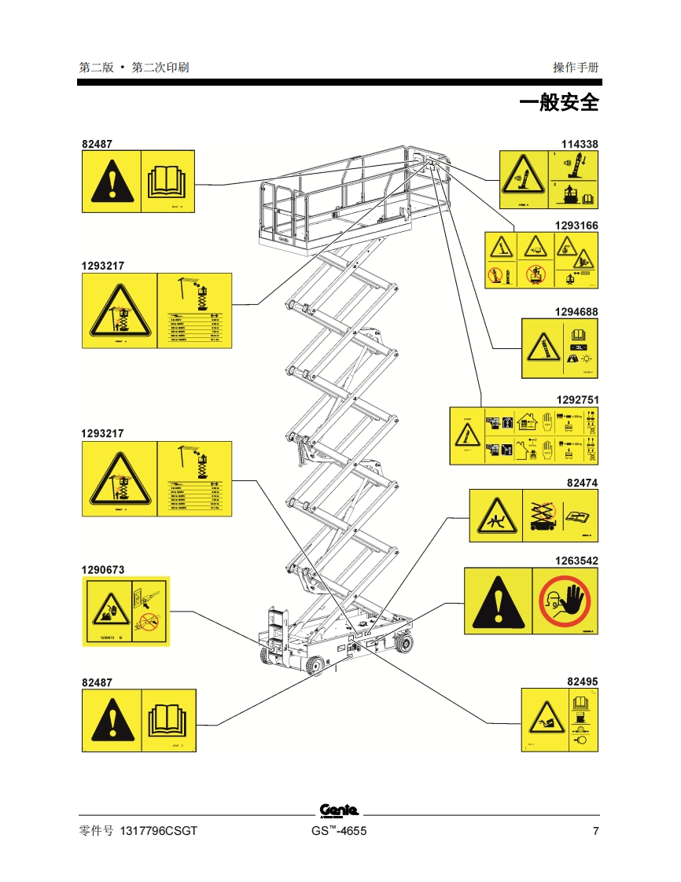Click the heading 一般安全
pyautogui.click(x=558, y=102)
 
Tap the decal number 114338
pyautogui.click(x=579, y=144)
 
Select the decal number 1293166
pyautogui.click(x=576, y=226)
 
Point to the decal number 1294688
pyautogui.click(x=576, y=312)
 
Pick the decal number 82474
pyautogui.click(x=583, y=482)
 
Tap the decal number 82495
pyautogui.click(x=583, y=682)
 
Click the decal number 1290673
pyautogui.click(x=103, y=569)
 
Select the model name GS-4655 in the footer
pyautogui.click(x=339, y=832)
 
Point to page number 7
pyautogui.click(x=595, y=832)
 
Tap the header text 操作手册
pyautogui.click(x=576, y=68)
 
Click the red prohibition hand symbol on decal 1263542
pyautogui.click(x=565, y=601)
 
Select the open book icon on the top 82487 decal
pyautogui.click(x=166, y=181)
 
